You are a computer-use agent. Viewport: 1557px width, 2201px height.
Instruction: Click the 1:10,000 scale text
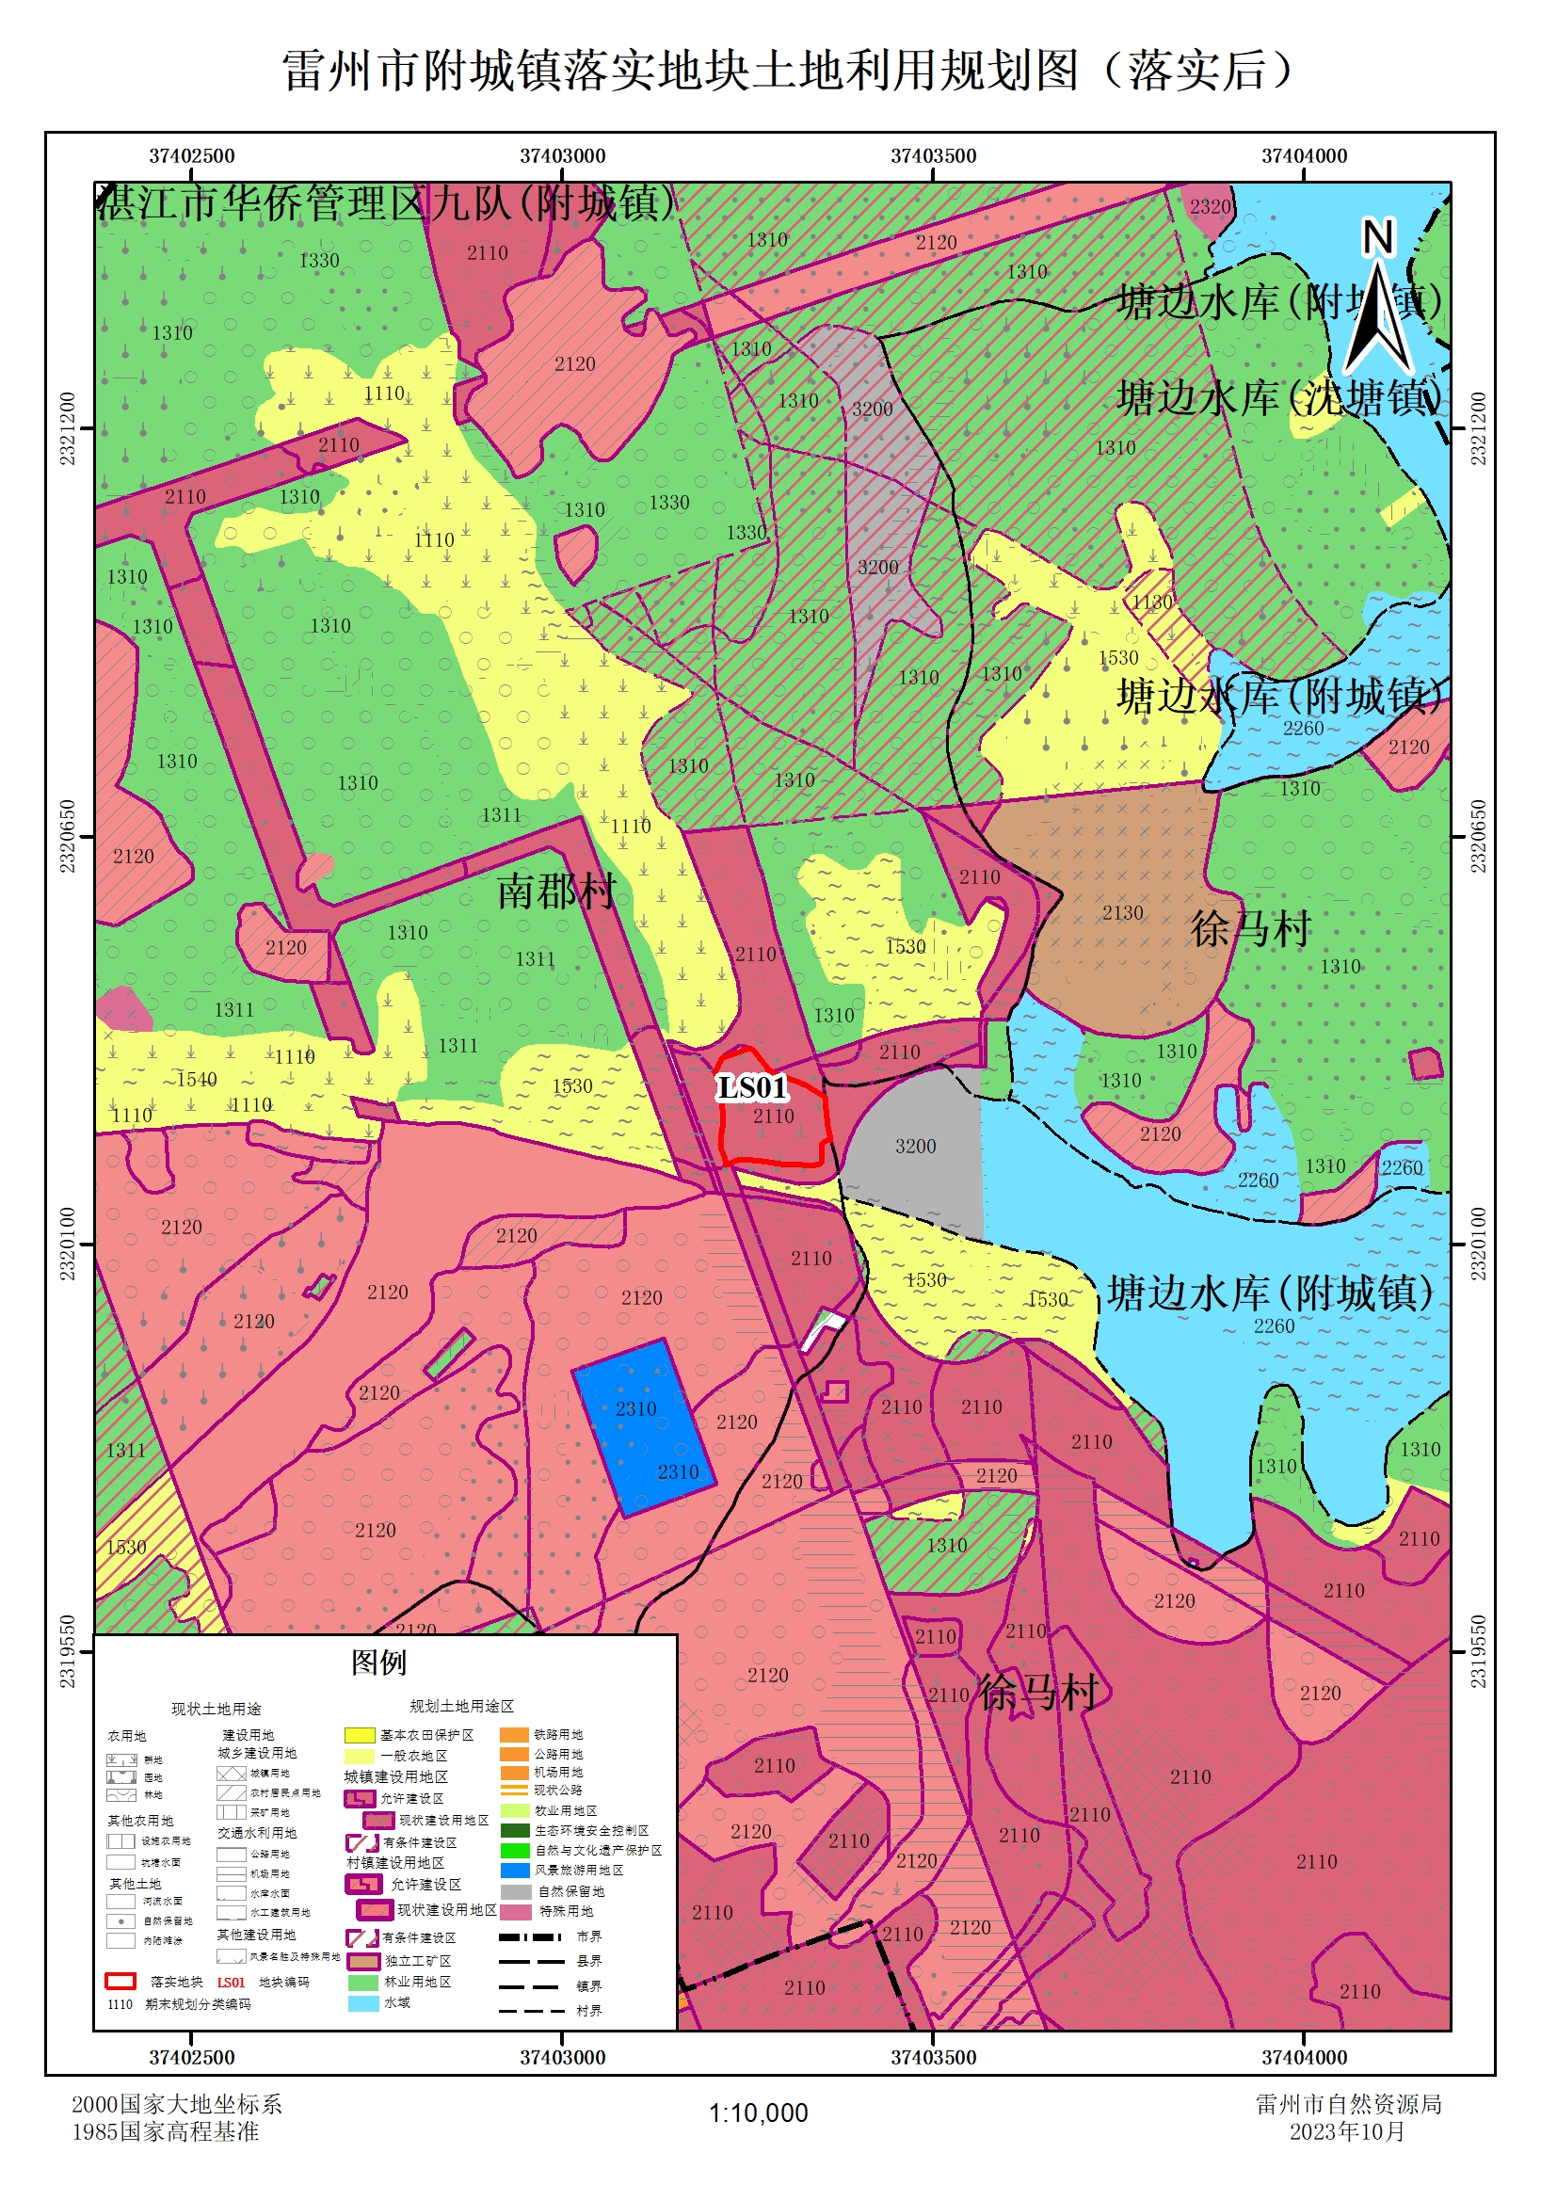[758, 2113]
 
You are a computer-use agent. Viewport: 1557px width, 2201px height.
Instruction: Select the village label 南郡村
[556, 892]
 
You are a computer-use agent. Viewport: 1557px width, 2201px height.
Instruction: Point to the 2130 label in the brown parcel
[1122, 912]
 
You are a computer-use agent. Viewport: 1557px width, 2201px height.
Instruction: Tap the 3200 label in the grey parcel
[915, 1146]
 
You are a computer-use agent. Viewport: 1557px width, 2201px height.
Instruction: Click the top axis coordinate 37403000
[562, 155]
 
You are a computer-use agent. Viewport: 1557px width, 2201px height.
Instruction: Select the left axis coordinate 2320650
[68, 836]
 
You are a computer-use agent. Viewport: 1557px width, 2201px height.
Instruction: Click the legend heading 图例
[377, 1663]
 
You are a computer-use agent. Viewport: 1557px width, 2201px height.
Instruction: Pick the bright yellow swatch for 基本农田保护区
[360, 1735]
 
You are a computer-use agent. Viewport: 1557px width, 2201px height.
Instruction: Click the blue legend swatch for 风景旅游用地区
[515, 1871]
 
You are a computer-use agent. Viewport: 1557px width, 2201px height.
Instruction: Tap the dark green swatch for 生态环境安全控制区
[515, 1830]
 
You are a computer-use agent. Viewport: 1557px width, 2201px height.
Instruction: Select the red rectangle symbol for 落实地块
[120, 1982]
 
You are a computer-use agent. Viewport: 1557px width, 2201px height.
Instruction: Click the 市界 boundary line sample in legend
[529, 1937]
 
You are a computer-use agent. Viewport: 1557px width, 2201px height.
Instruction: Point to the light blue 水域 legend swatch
[362, 2002]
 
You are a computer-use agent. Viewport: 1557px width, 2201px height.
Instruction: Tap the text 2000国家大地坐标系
[176, 2104]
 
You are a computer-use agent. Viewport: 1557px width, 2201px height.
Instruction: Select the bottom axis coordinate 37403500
[933, 2057]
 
